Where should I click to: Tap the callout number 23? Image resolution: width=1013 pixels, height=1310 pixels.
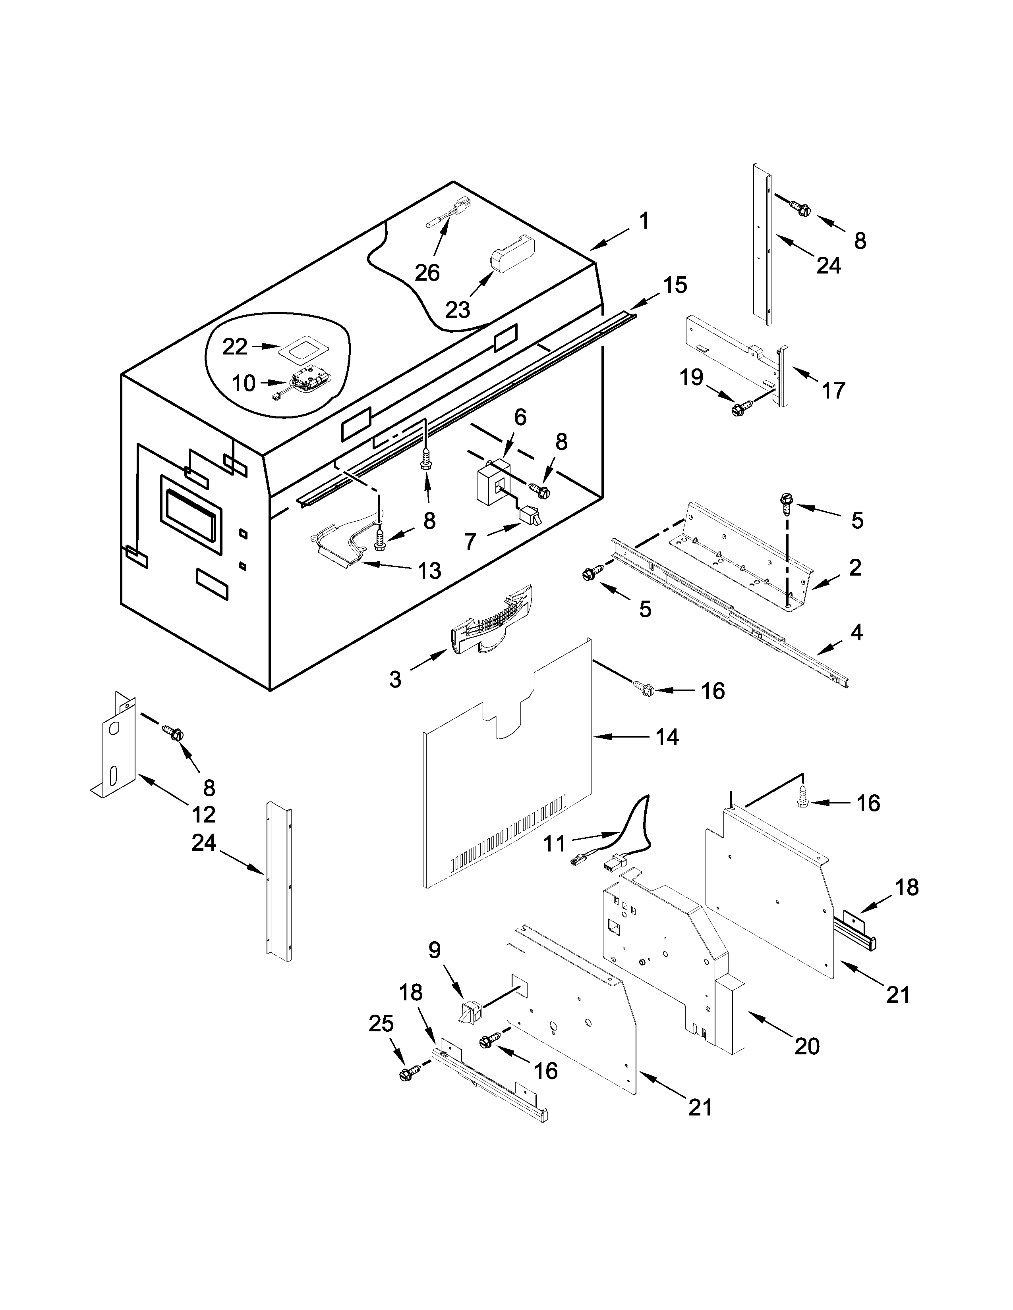[x=457, y=310]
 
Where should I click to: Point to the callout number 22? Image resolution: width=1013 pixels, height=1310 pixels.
[x=235, y=346]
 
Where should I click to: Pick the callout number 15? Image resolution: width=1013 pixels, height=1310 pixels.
[x=675, y=285]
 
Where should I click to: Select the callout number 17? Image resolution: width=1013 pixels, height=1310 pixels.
[x=833, y=391]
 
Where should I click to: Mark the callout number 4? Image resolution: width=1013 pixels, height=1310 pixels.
[x=856, y=632]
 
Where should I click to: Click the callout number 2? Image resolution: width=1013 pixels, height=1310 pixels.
[x=855, y=567]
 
